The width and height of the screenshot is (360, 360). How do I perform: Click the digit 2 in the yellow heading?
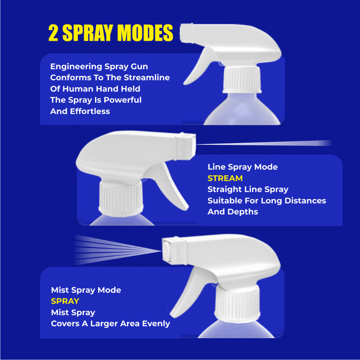coord(53,33)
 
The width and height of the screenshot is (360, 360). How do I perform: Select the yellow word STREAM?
coord(225,178)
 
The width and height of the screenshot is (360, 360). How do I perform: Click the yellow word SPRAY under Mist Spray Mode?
coord(65,301)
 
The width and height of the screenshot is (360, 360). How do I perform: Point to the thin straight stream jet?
coord(264,143)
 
